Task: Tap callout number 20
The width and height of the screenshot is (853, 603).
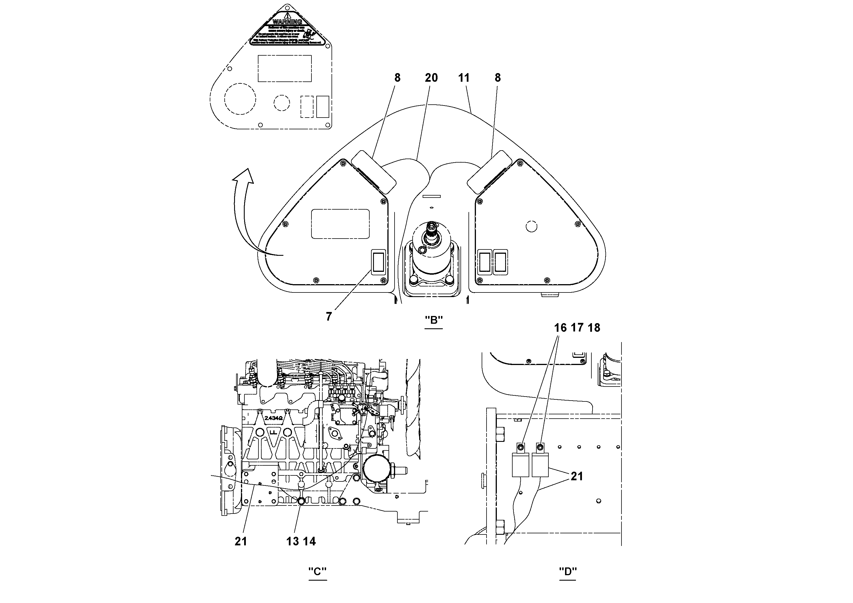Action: [x=431, y=78]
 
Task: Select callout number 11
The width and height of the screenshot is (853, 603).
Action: [x=464, y=78]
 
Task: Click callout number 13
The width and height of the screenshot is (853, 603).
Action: [x=292, y=541]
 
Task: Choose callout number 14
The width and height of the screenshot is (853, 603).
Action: [x=309, y=541]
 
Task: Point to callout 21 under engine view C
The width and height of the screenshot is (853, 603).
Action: [x=241, y=541]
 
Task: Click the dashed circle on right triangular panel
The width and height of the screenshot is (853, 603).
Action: [x=532, y=226]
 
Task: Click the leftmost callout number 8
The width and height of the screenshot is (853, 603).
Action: [x=397, y=78]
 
